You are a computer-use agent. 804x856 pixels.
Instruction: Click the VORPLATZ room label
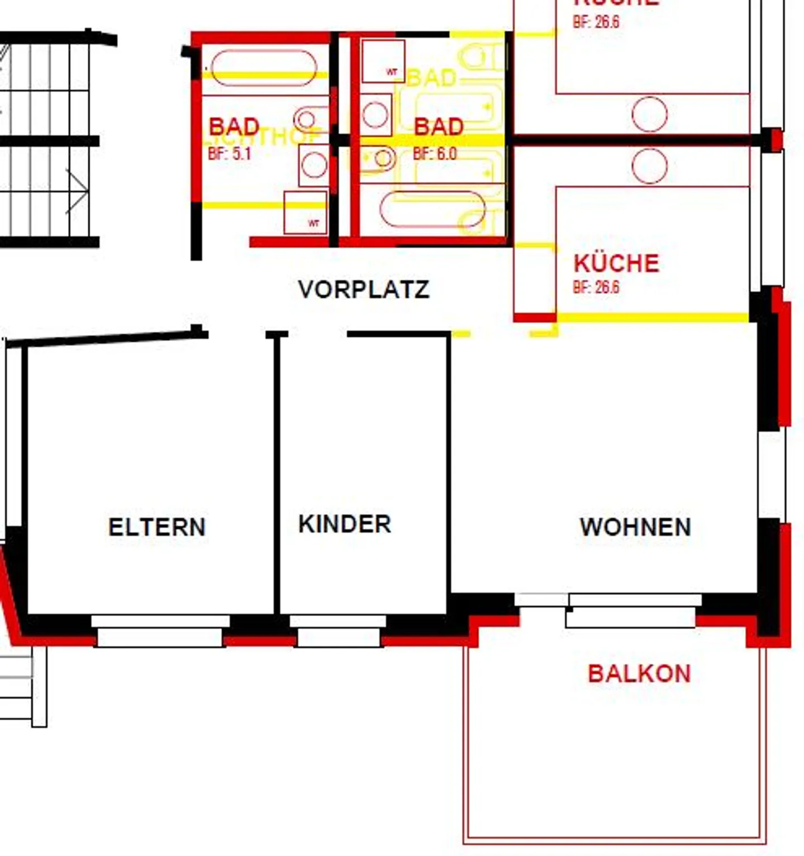363,289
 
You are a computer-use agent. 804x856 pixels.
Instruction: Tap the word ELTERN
157,527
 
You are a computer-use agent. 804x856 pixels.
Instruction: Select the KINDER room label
344,524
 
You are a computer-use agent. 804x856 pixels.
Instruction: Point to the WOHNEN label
635,527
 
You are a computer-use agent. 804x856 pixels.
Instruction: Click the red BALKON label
639,673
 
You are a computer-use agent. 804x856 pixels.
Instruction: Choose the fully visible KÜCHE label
616,264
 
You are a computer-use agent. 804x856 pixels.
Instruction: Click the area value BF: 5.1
229,154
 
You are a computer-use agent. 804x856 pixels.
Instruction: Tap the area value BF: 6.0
435,154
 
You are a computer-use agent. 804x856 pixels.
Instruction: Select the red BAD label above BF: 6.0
439,127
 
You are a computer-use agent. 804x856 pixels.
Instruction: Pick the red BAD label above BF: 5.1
234,126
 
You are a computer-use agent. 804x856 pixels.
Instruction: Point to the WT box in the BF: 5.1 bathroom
305,213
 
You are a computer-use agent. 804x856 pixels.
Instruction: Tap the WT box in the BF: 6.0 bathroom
383,61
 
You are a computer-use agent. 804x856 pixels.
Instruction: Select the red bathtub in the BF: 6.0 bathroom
432,209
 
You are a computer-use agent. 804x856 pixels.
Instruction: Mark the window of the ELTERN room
160,631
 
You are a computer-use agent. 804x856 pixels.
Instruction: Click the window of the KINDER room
338,631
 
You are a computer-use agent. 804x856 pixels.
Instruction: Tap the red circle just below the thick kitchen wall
649,166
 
